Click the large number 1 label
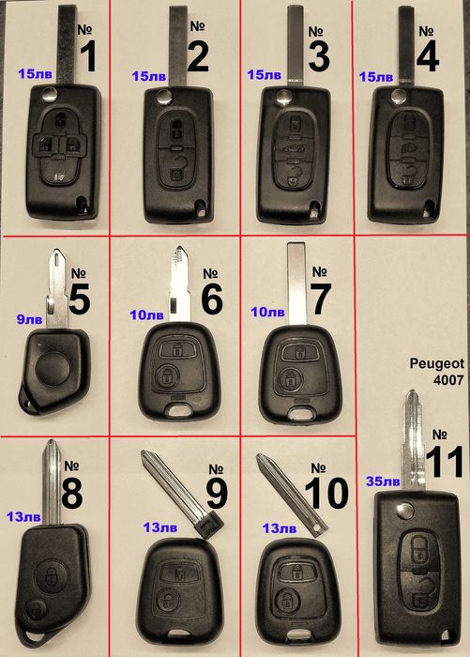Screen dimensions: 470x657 (x=89, y=57)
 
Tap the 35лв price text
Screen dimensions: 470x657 (x=383, y=481)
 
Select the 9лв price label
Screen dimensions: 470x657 (x=29, y=319)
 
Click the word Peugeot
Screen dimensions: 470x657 (x=437, y=363)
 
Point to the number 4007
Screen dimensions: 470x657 (x=448, y=380)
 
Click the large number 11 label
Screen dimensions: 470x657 (x=445, y=462)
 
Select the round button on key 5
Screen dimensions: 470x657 (x=53, y=369)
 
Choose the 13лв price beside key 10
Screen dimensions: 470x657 (x=280, y=528)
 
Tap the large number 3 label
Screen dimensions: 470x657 (x=319, y=56)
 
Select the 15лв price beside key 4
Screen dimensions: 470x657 (x=376, y=77)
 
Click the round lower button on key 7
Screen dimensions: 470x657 (x=290, y=379)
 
